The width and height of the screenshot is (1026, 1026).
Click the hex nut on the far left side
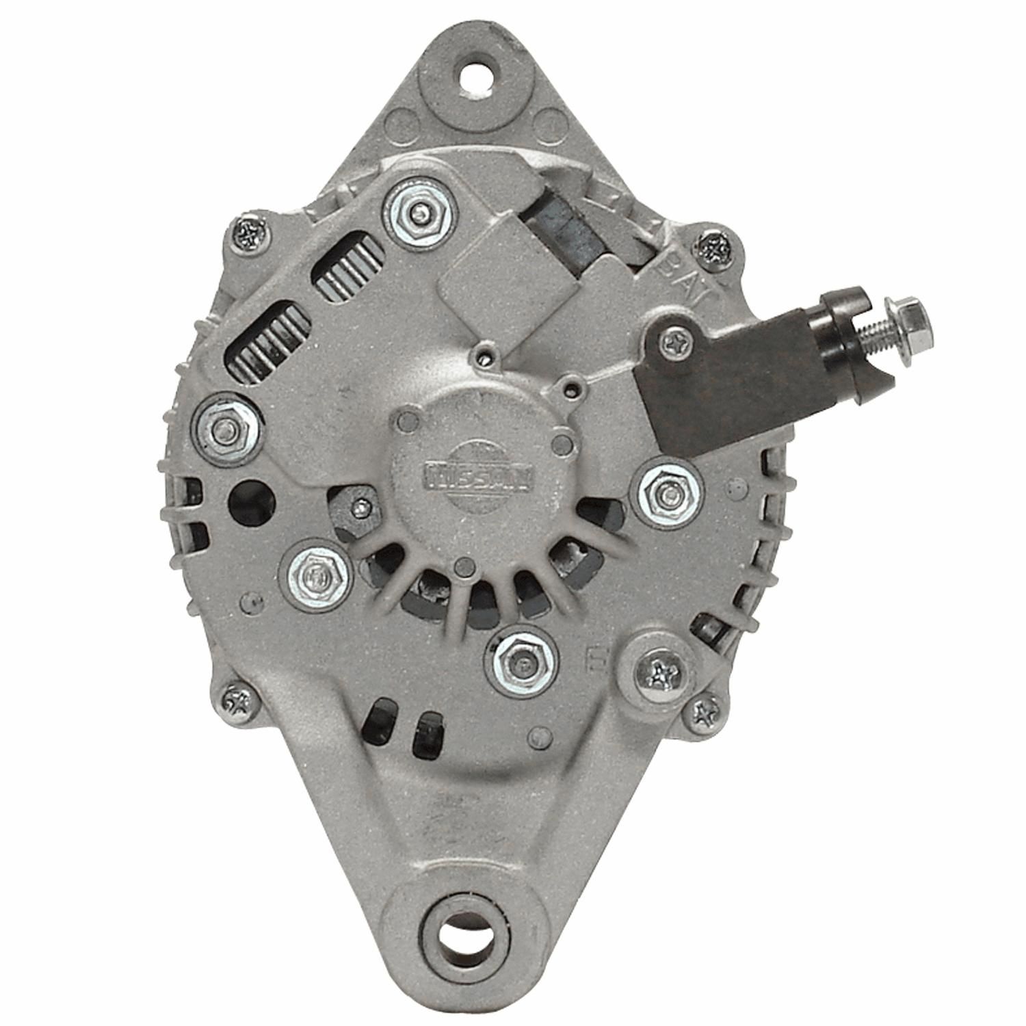tap(226, 430)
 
